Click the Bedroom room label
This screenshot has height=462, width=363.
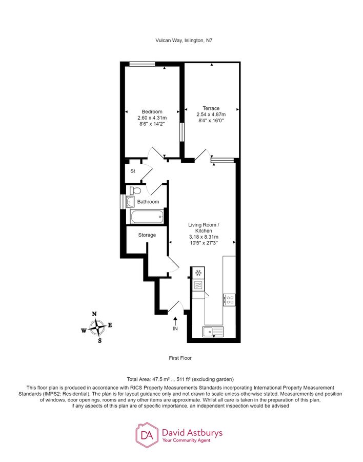(x=152, y=112)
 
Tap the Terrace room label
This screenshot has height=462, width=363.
(x=211, y=108)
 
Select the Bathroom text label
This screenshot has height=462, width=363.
(x=148, y=202)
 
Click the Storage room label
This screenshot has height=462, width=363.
(x=148, y=235)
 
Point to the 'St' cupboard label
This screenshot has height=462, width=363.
(x=132, y=171)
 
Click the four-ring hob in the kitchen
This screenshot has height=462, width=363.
(x=229, y=300)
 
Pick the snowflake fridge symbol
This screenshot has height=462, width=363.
(x=198, y=273)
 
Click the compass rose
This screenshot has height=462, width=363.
(x=96, y=327)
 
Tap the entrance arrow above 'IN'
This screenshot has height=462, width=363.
(x=175, y=321)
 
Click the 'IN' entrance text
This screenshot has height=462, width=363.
(x=175, y=329)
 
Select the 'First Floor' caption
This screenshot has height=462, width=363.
(x=180, y=358)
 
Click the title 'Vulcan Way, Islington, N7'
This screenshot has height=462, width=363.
(x=184, y=40)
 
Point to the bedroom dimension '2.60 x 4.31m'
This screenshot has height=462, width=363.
(x=152, y=118)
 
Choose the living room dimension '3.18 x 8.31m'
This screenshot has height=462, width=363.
(x=204, y=237)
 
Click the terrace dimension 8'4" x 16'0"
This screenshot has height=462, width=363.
(x=211, y=121)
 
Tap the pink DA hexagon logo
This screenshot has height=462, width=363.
(x=146, y=434)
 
